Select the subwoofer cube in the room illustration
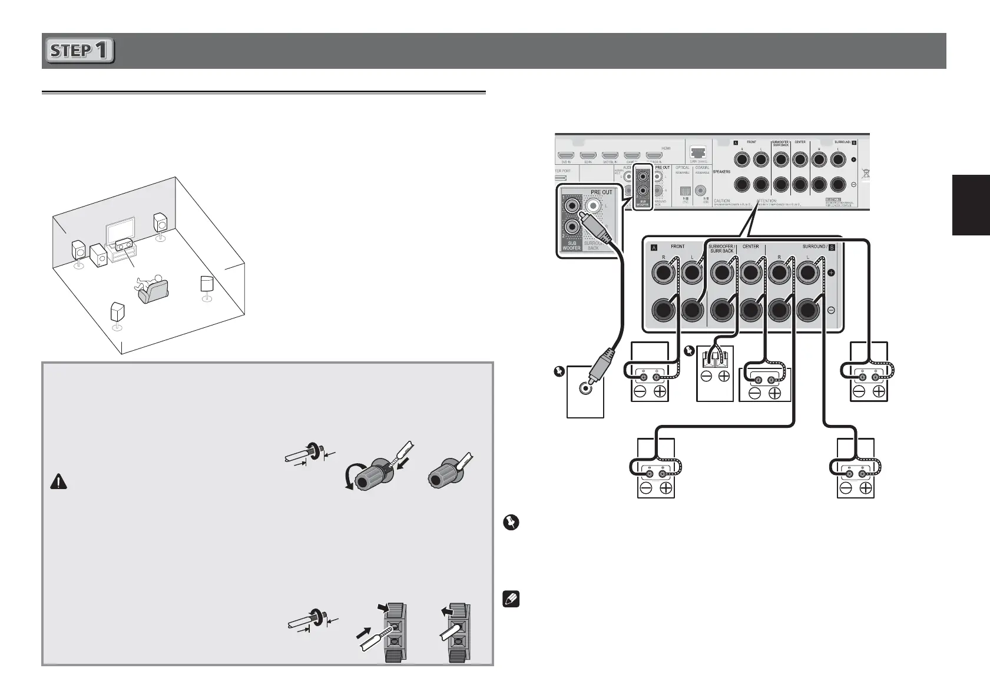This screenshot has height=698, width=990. point(99,255)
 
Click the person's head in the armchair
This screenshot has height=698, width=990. point(158,276)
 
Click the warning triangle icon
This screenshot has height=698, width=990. point(59,482)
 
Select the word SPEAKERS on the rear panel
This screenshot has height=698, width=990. point(721,172)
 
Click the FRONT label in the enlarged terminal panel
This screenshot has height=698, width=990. point(677,246)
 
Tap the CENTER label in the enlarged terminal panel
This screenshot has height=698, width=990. point(750,246)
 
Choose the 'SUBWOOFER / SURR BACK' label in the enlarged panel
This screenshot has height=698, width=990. point(721,248)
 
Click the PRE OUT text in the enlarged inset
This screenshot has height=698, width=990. point(601,192)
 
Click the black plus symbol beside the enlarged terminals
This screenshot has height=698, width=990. point(831,273)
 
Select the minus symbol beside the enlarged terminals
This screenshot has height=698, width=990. point(831,310)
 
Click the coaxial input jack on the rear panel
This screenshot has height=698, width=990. point(701,190)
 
